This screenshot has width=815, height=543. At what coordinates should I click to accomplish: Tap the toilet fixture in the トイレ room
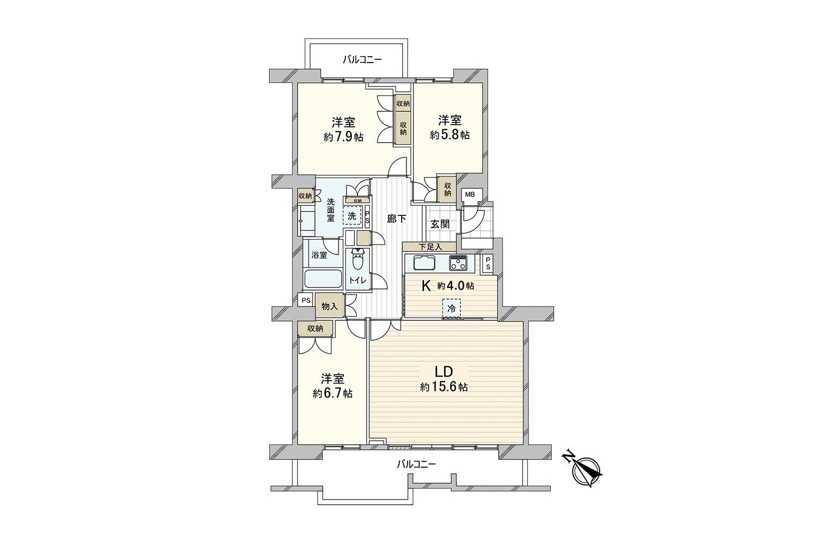pyautogui.click(x=358, y=260)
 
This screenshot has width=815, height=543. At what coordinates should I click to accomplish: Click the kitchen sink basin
pyautogui.click(x=423, y=263)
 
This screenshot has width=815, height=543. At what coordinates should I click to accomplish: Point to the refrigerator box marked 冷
pyautogui.click(x=451, y=309)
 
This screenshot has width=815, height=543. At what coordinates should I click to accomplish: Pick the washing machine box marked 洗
pyautogui.click(x=352, y=216)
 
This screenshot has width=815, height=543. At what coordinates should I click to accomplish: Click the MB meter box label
pyautogui.click(x=471, y=195)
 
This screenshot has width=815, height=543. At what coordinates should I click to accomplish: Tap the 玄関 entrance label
pyautogui.click(x=440, y=224)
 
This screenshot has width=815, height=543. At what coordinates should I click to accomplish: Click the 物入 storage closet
pyautogui.click(x=330, y=306)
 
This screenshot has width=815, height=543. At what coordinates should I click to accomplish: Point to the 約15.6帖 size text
pyautogui.click(x=444, y=387)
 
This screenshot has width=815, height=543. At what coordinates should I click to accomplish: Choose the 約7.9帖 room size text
pyautogui.click(x=343, y=137)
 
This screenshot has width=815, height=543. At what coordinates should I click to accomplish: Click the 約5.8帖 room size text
pyautogui.click(x=450, y=135)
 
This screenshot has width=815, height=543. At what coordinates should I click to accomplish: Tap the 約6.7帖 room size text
pyautogui.click(x=333, y=393)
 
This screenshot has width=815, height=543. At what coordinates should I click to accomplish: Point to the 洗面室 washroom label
pyautogui.click(x=331, y=215)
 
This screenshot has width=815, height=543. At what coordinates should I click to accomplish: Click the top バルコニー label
pyautogui.click(x=362, y=59)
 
